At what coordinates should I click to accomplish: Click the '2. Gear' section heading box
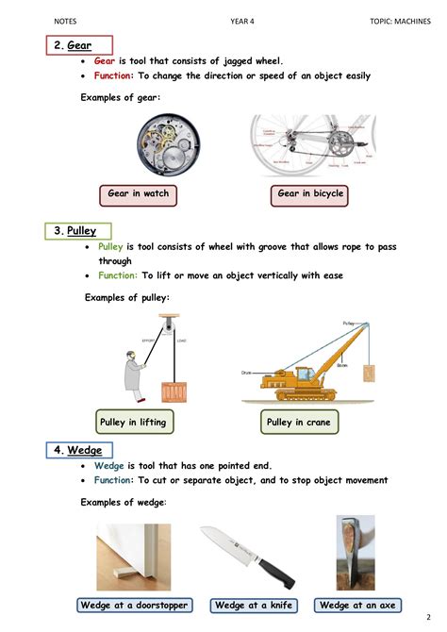pos(79,45)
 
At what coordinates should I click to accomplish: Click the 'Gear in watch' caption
pos(138,194)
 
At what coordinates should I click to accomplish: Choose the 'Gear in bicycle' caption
pos(310,194)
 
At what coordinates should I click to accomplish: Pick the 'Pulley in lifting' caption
pos(132,422)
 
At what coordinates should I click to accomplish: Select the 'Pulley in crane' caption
pos(299,423)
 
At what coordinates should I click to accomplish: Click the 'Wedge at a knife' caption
pos(254,605)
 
